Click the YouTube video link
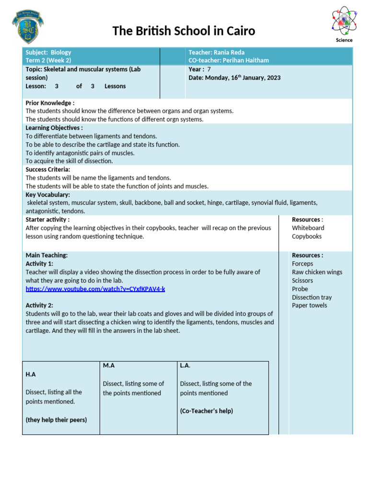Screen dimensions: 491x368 (x=95, y=289)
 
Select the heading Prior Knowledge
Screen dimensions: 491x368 (x=49, y=103)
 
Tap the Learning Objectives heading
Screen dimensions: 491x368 (x=54, y=128)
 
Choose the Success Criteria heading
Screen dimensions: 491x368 (x=48, y=170)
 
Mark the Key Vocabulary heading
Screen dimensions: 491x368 (x=47, y=195)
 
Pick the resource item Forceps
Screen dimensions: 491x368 (x=302, y=264)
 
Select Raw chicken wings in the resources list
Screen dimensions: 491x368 (x=317, y=272)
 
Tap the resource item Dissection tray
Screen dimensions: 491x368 (x=312, y=297)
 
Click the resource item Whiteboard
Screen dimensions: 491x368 (x=308, y=228)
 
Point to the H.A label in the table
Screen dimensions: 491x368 (x=31, y=374)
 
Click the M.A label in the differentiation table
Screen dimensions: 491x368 (x=109, y=366)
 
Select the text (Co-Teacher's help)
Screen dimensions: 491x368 (x=207, y=411)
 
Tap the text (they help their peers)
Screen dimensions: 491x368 (x=56, y=420)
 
